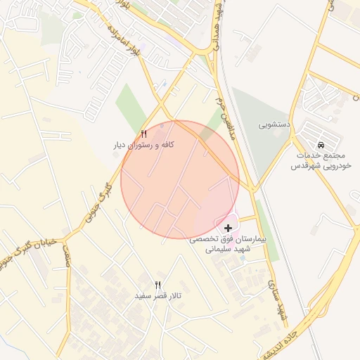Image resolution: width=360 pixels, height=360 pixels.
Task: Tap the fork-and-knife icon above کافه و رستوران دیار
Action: click(x=144, y=133)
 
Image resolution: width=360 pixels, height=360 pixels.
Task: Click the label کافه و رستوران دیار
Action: click(x=144, y=145)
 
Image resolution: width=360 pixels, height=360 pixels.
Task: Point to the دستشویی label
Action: click(x=274, y=125)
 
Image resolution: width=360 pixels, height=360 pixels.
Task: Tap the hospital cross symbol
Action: click(x=229, y=229)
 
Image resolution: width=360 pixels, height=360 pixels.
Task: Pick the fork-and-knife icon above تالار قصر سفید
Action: click(x=158, y=285)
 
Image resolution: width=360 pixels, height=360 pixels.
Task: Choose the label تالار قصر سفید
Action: click(x=158, y=297)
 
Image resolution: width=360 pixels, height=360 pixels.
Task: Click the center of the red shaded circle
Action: click(x=180, y=179)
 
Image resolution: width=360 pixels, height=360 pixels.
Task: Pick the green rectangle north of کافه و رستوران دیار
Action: click(x=131, y=106)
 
